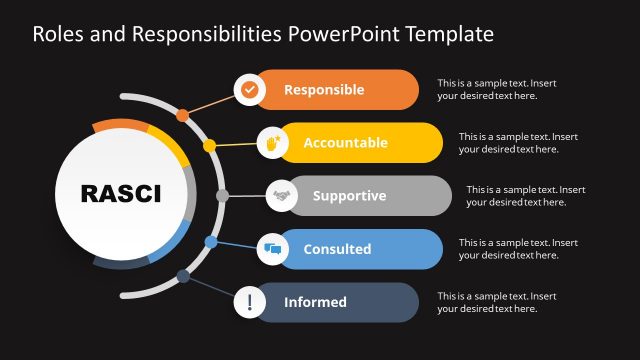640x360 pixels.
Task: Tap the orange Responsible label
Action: pos(324,89)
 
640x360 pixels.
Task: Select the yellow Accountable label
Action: pos(345,142)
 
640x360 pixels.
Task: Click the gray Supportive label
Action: pos(349,195)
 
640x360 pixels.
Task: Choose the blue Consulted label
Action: pos(337,249)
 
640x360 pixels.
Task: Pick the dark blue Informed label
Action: pos(315,302)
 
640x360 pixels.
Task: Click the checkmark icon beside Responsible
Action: pos(249,89)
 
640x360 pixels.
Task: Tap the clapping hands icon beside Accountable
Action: pos(272,142)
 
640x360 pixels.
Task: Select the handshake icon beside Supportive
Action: pos(281,195)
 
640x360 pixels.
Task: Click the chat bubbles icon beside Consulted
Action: pos(272,249)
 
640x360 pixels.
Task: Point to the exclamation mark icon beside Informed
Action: pos(249,302)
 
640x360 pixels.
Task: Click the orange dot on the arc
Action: pos(182,115)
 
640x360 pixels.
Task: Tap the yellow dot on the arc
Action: pos(210,146)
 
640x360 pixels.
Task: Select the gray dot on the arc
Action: pos(222,195)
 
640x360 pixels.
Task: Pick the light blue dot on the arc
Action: pos(210,242)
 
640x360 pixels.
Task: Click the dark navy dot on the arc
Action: pos(183,276)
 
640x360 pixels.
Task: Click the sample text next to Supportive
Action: pos(525,195)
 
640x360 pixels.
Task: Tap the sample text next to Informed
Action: pos(497,302)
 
